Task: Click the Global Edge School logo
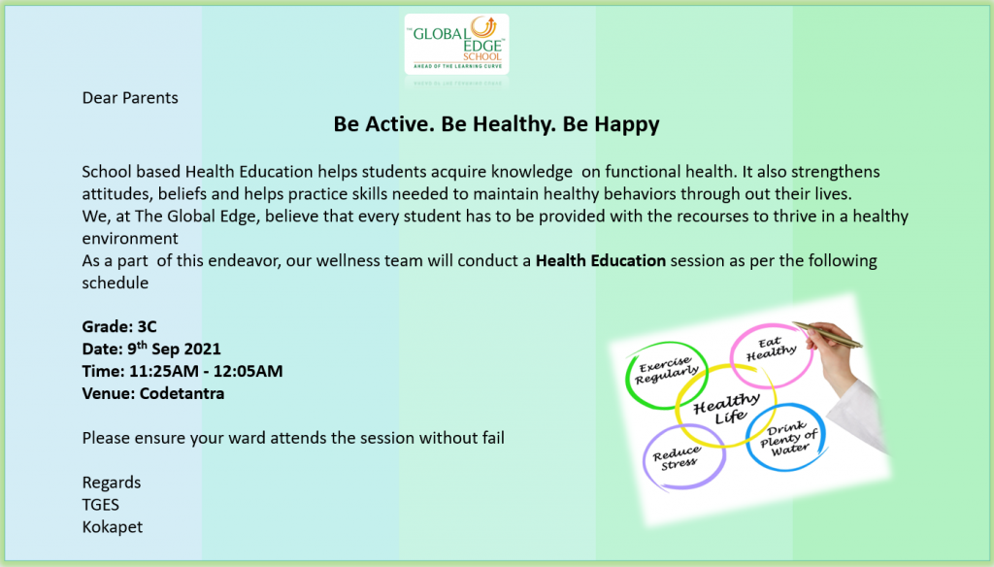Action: click(x=456, y=44)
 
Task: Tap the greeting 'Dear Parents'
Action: click(x=130, y=98)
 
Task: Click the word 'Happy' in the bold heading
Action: click(x=626, y=124)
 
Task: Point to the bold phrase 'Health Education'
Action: click(x=600, y=260)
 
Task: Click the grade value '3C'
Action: click(x=148, y=326)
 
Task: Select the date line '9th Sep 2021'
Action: click(x=175, y=349)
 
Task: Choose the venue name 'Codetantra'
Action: click(x=182, y=393)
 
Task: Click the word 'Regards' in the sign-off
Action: click(x=112, y=484)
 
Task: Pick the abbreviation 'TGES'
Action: click(x=100, y=505)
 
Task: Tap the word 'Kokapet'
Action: click(x=113, y=527)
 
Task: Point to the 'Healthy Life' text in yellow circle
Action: click(x=727, y=409)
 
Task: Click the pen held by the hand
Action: click(x=827, y=334)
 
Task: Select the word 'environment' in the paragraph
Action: click(x=130, y=239)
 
